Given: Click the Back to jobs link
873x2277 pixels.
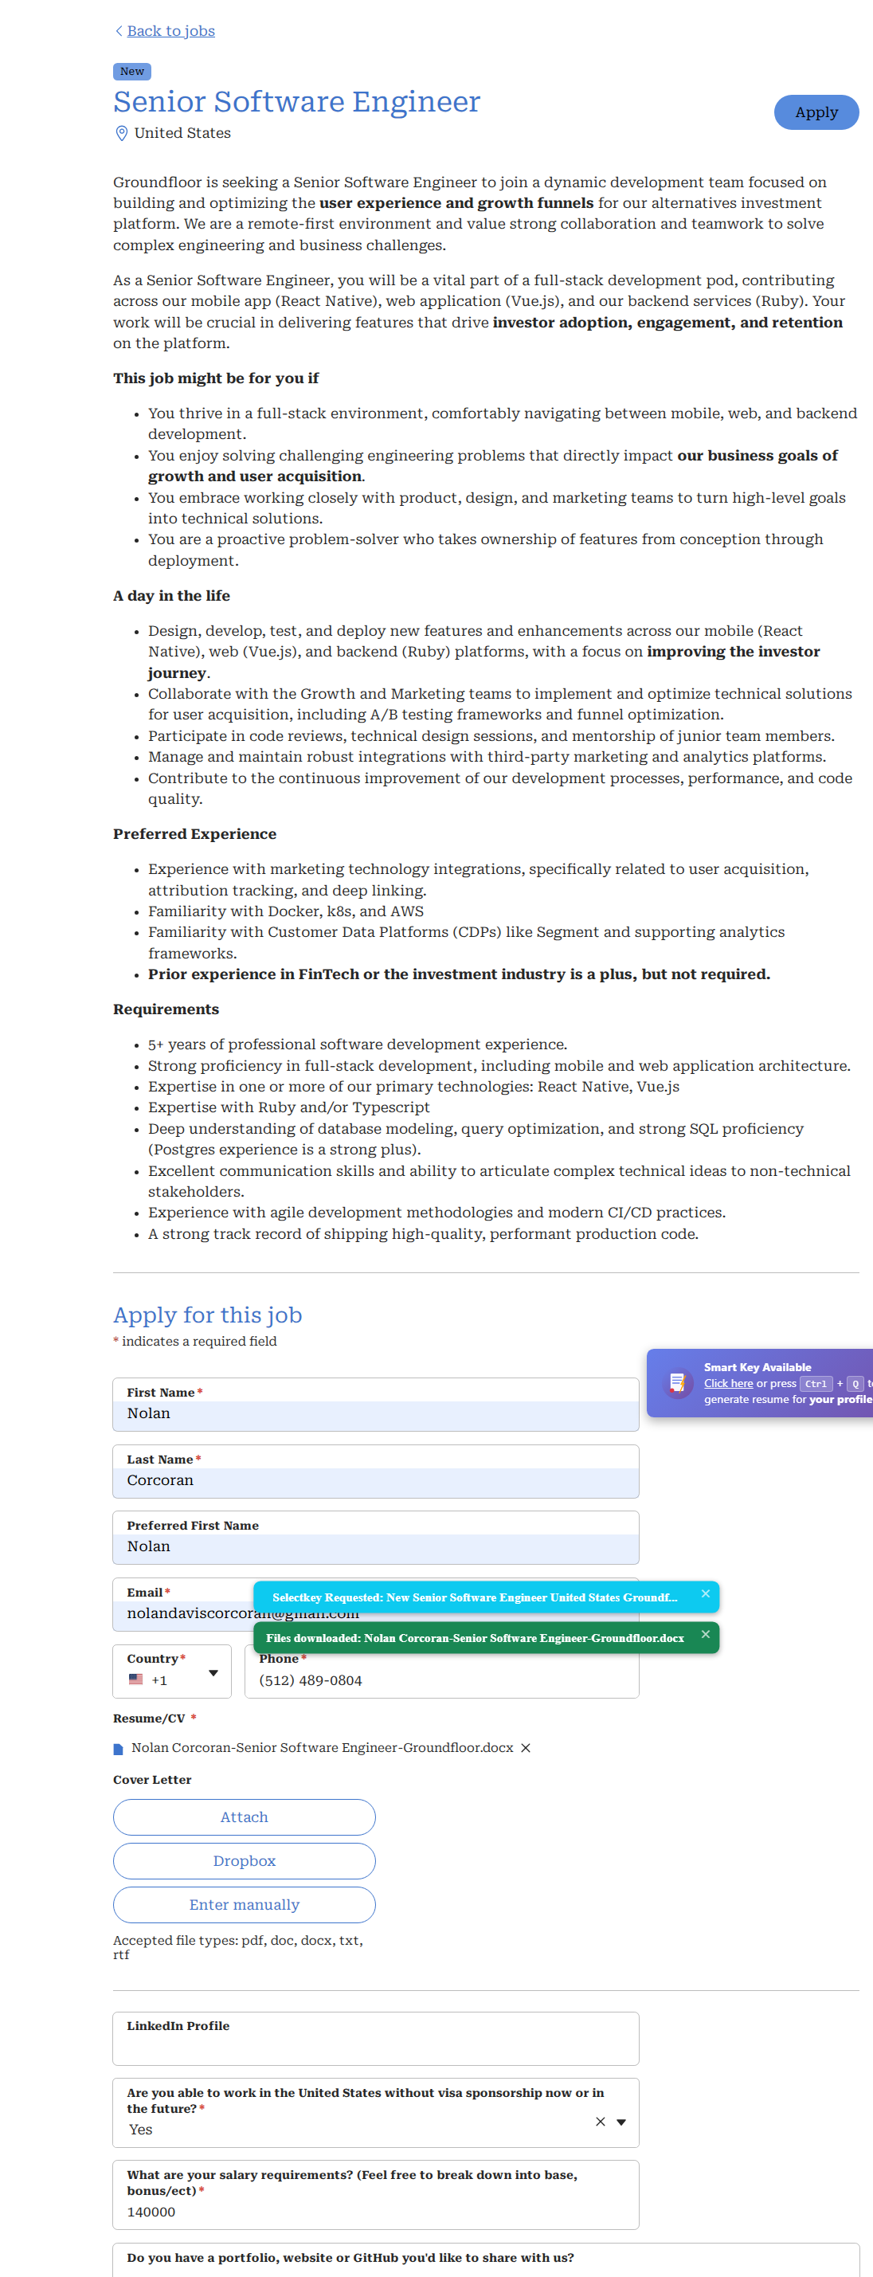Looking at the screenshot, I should (170, 31).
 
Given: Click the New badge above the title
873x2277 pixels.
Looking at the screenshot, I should (131, 72).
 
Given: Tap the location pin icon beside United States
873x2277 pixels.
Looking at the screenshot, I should (122, 134).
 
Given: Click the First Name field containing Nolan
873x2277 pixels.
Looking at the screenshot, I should (375, 1413).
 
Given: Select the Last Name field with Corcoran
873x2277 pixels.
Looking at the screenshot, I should (375, 1480).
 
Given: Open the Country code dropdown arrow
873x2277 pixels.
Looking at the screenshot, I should (213, 1673).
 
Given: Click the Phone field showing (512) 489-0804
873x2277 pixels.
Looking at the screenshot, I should (442, 1680).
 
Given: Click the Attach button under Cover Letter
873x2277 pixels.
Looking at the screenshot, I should (244, 1817).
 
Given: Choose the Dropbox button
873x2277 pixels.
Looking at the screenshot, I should (244, 1860).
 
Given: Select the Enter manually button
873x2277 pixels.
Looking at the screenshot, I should (244, 1905).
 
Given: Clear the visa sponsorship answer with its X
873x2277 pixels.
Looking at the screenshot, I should (600, 2122).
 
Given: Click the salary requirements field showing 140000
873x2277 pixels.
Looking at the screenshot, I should (375, 2212).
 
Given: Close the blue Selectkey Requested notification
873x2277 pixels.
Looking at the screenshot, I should (705, 1593).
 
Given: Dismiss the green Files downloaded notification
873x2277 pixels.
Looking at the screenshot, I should (705, 1634).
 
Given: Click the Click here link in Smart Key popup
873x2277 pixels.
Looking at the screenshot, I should (728, 1383).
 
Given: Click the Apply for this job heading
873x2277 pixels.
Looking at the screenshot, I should (208, 1315).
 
